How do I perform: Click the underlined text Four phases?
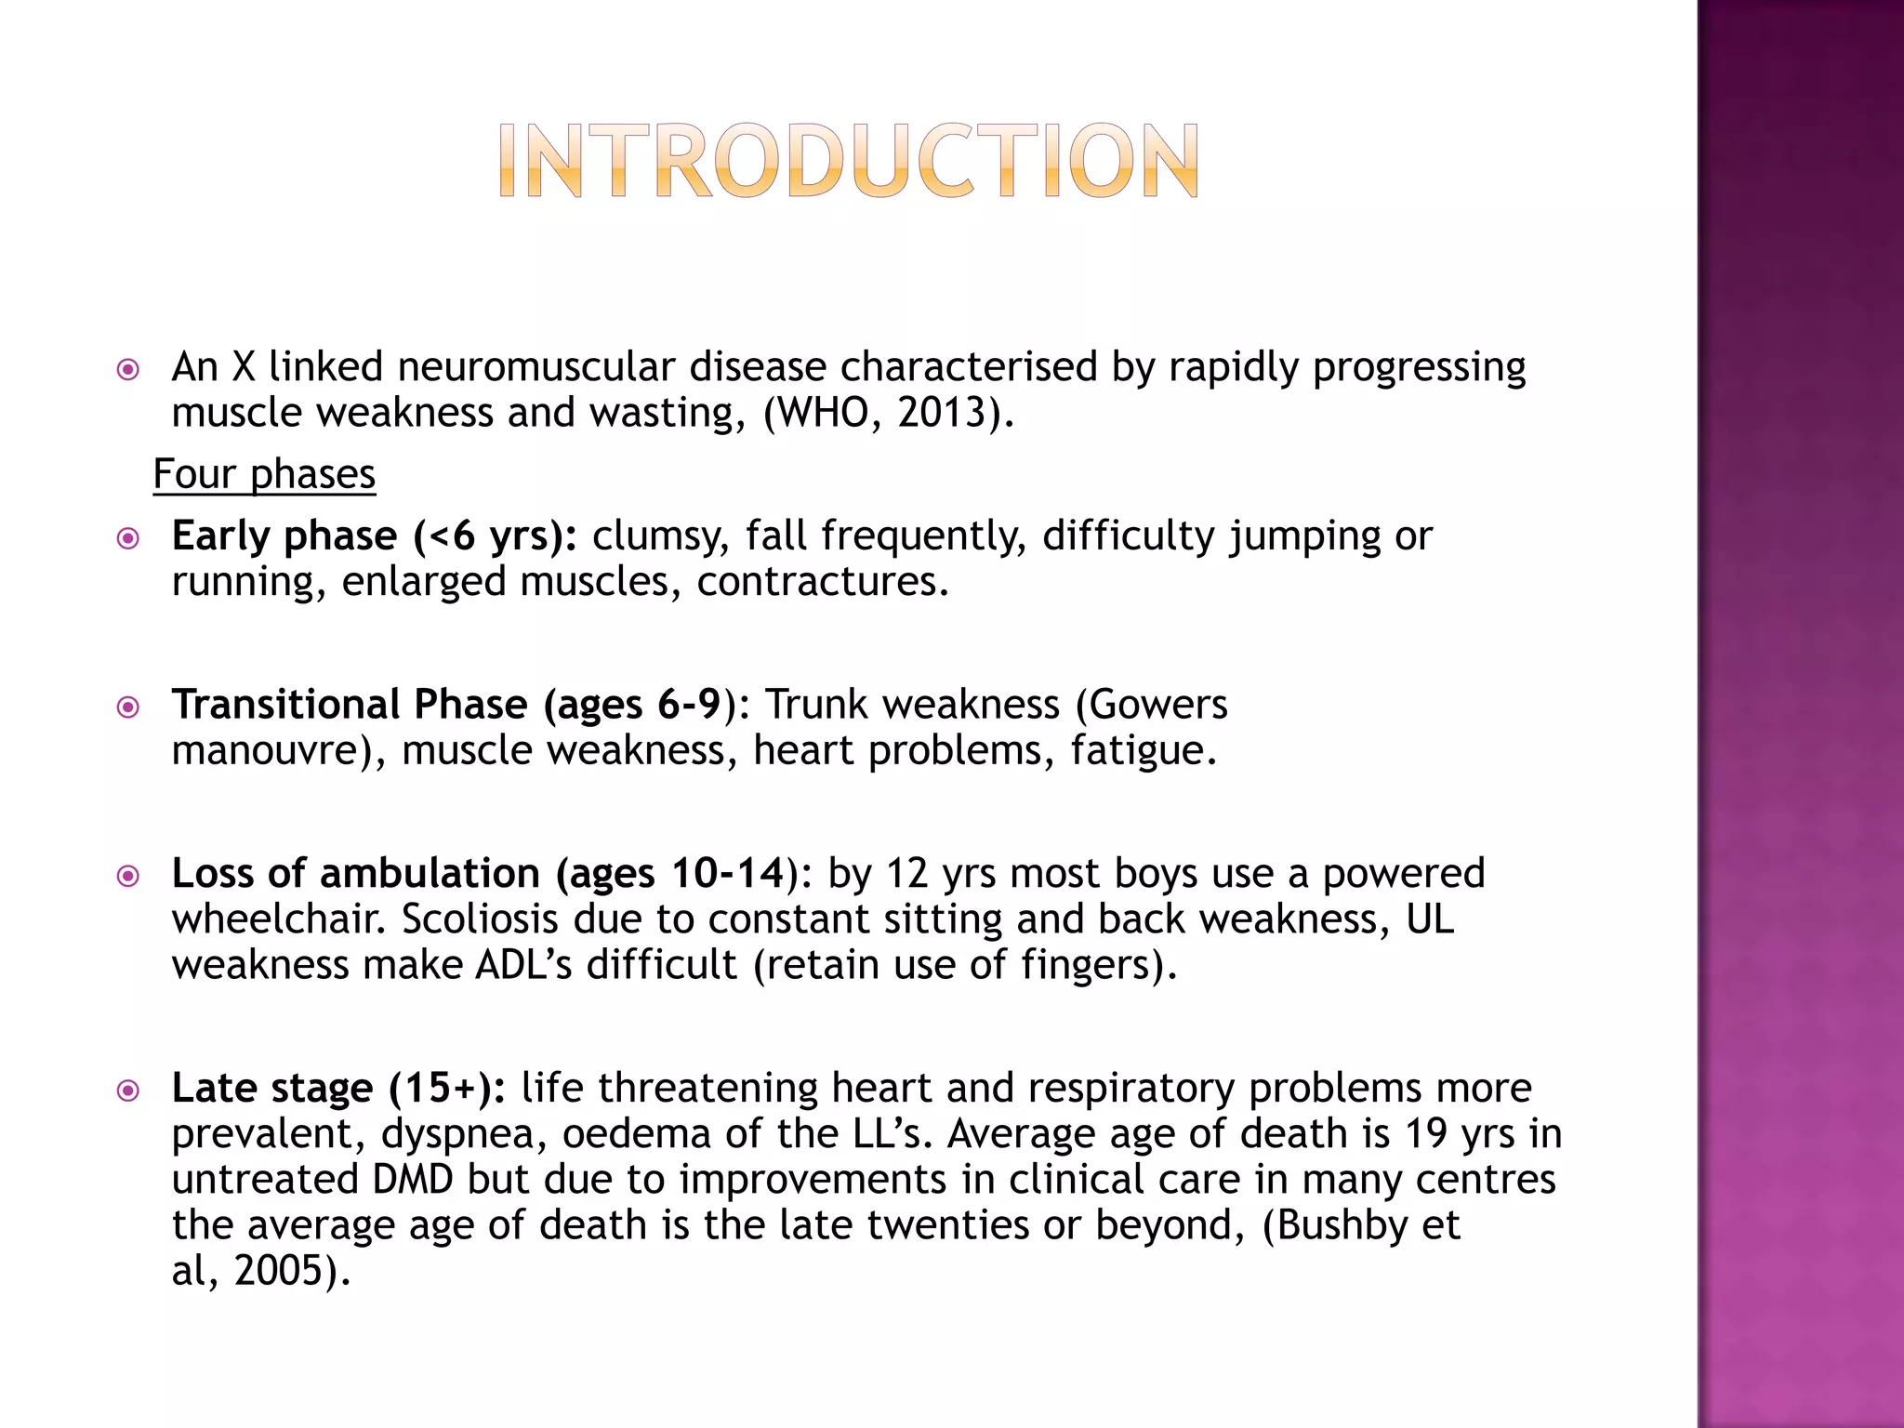click(264, 474)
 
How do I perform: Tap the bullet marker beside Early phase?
click(128, 537)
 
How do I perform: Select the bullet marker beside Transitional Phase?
click(128, 707)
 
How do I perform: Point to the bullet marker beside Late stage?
click(128, 1090)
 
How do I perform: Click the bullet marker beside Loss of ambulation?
click(128, 875)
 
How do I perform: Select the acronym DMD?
click(412, 1180)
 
